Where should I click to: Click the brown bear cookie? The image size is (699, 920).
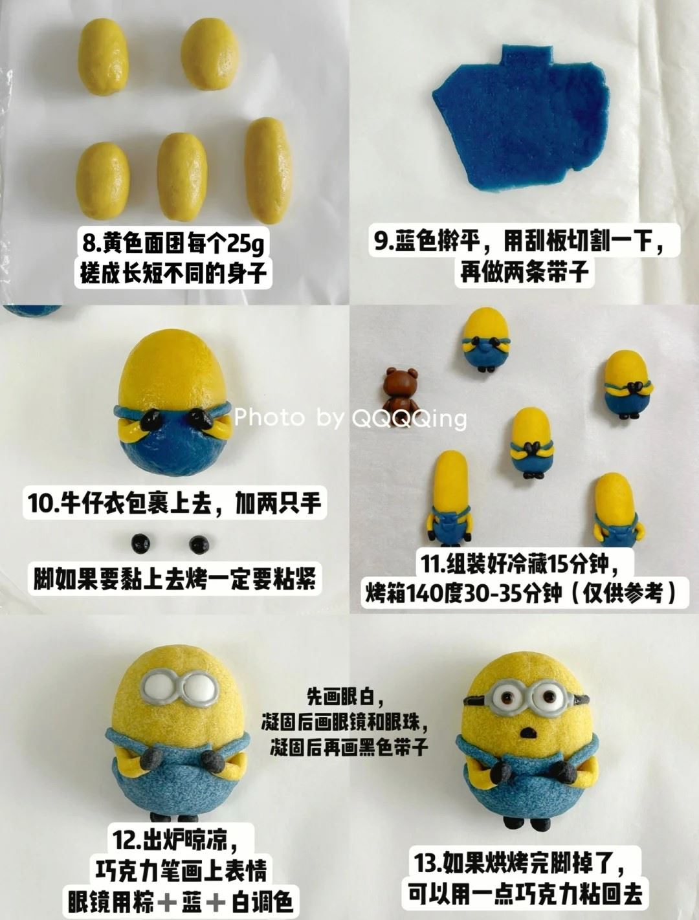(396, 391)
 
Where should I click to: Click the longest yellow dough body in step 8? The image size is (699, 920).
(266, 170)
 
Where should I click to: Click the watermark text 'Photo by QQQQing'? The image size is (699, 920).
(350, 418)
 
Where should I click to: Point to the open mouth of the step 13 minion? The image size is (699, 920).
(529, 732)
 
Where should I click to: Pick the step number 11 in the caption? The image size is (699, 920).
(430, 564)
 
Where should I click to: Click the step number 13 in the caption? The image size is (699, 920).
(427, 863)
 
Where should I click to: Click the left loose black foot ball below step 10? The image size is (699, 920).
(140, 543)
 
